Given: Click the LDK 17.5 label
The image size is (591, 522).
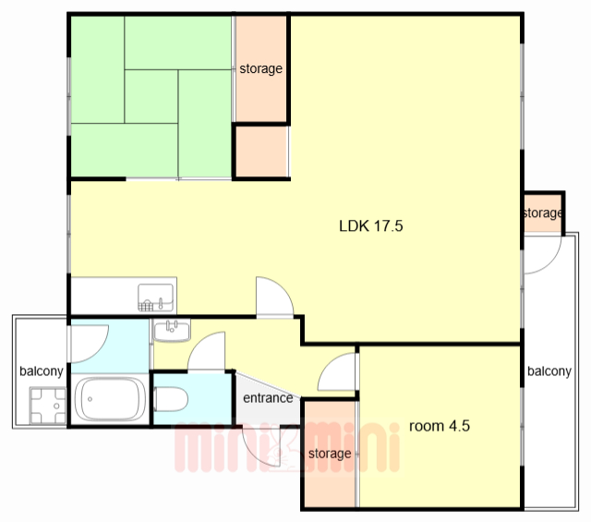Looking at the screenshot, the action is pos(371,226).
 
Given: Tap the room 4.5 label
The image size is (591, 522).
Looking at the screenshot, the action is pos(440,426).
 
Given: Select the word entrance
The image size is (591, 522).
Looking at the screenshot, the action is pos(268,398).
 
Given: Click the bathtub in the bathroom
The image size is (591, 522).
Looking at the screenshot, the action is pos(110,399).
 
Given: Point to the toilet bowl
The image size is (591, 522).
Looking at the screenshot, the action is pos(171,399).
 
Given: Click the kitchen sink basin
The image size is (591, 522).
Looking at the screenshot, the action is pos(156,297).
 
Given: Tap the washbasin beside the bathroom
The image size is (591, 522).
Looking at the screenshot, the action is pos(172,331).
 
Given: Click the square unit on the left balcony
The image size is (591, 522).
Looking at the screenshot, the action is pos(48,406).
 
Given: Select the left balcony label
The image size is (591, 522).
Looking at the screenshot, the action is pos(42,371).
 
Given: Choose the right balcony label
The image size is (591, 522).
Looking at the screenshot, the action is pos(549,371).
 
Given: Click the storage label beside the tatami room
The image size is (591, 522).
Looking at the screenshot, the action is pos(260,68).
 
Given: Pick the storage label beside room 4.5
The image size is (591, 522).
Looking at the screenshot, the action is pos(330,454).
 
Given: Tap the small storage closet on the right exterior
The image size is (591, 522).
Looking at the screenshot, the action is pos(543,213).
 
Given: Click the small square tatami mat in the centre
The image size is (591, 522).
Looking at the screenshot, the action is pos(151,97).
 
